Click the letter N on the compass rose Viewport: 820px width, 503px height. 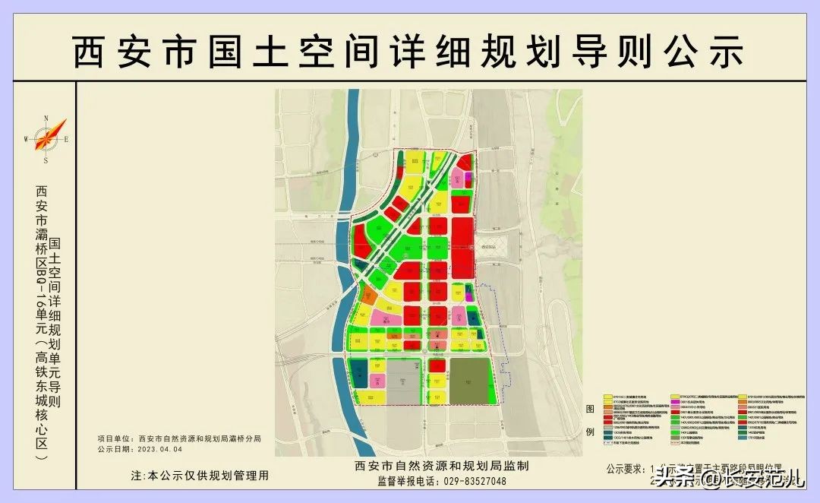pyautogui.click(x=46, y=118)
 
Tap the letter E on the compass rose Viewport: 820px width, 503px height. pyautogui.click(x=67, y=139)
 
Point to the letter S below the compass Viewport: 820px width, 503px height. pyautogui.click(x=46, y=161)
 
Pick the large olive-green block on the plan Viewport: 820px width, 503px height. pyautogui.click(x=471, y=381)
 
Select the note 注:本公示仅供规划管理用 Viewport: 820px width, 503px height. pyautogui.click(x=200, y=476)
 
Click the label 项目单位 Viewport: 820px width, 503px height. pyautogui.click(x=115, y=439)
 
